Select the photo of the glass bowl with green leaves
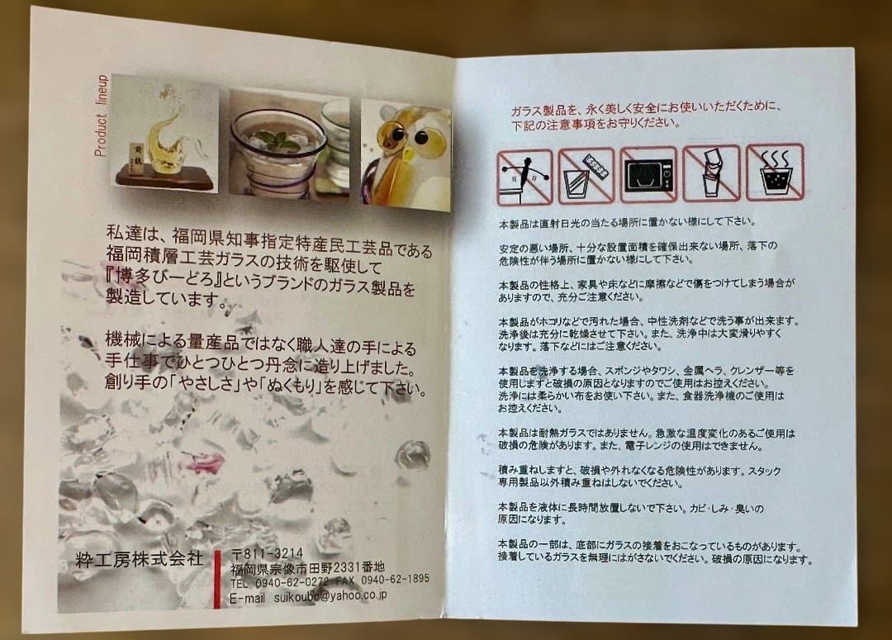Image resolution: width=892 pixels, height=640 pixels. (x=286, y=149)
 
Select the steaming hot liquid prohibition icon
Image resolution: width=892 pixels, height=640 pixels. (x=774, y=173)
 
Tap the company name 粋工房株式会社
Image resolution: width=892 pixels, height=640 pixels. (x=136, y=558)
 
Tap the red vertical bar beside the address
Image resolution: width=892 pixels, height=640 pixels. (x=217, y=577)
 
